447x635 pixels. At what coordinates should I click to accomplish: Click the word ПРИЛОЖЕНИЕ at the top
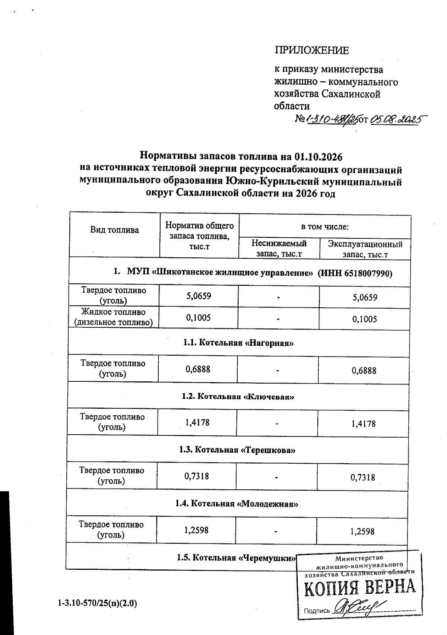coord(312,50)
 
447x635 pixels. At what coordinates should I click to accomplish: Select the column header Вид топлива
coord(114,230)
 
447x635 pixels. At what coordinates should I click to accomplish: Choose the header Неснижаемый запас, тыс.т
coord(279,248)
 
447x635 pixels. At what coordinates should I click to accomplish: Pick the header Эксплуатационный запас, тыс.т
coord(365,249)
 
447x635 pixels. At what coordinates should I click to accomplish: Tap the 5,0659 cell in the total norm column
coord(199,296)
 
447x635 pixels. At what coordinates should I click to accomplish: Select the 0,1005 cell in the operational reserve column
coord(364,319)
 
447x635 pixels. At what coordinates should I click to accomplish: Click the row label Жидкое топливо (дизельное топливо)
coord(114,317)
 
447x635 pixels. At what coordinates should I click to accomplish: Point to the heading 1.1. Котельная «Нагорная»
coord(238,343)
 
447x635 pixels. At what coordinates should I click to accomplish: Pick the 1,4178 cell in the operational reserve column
coord(363,423)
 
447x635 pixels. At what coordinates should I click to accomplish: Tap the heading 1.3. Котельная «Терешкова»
coord(237,450)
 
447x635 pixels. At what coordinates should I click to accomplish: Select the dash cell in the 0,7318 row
coord(277,477)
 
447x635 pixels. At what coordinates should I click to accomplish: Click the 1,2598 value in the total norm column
coord(196,530)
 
